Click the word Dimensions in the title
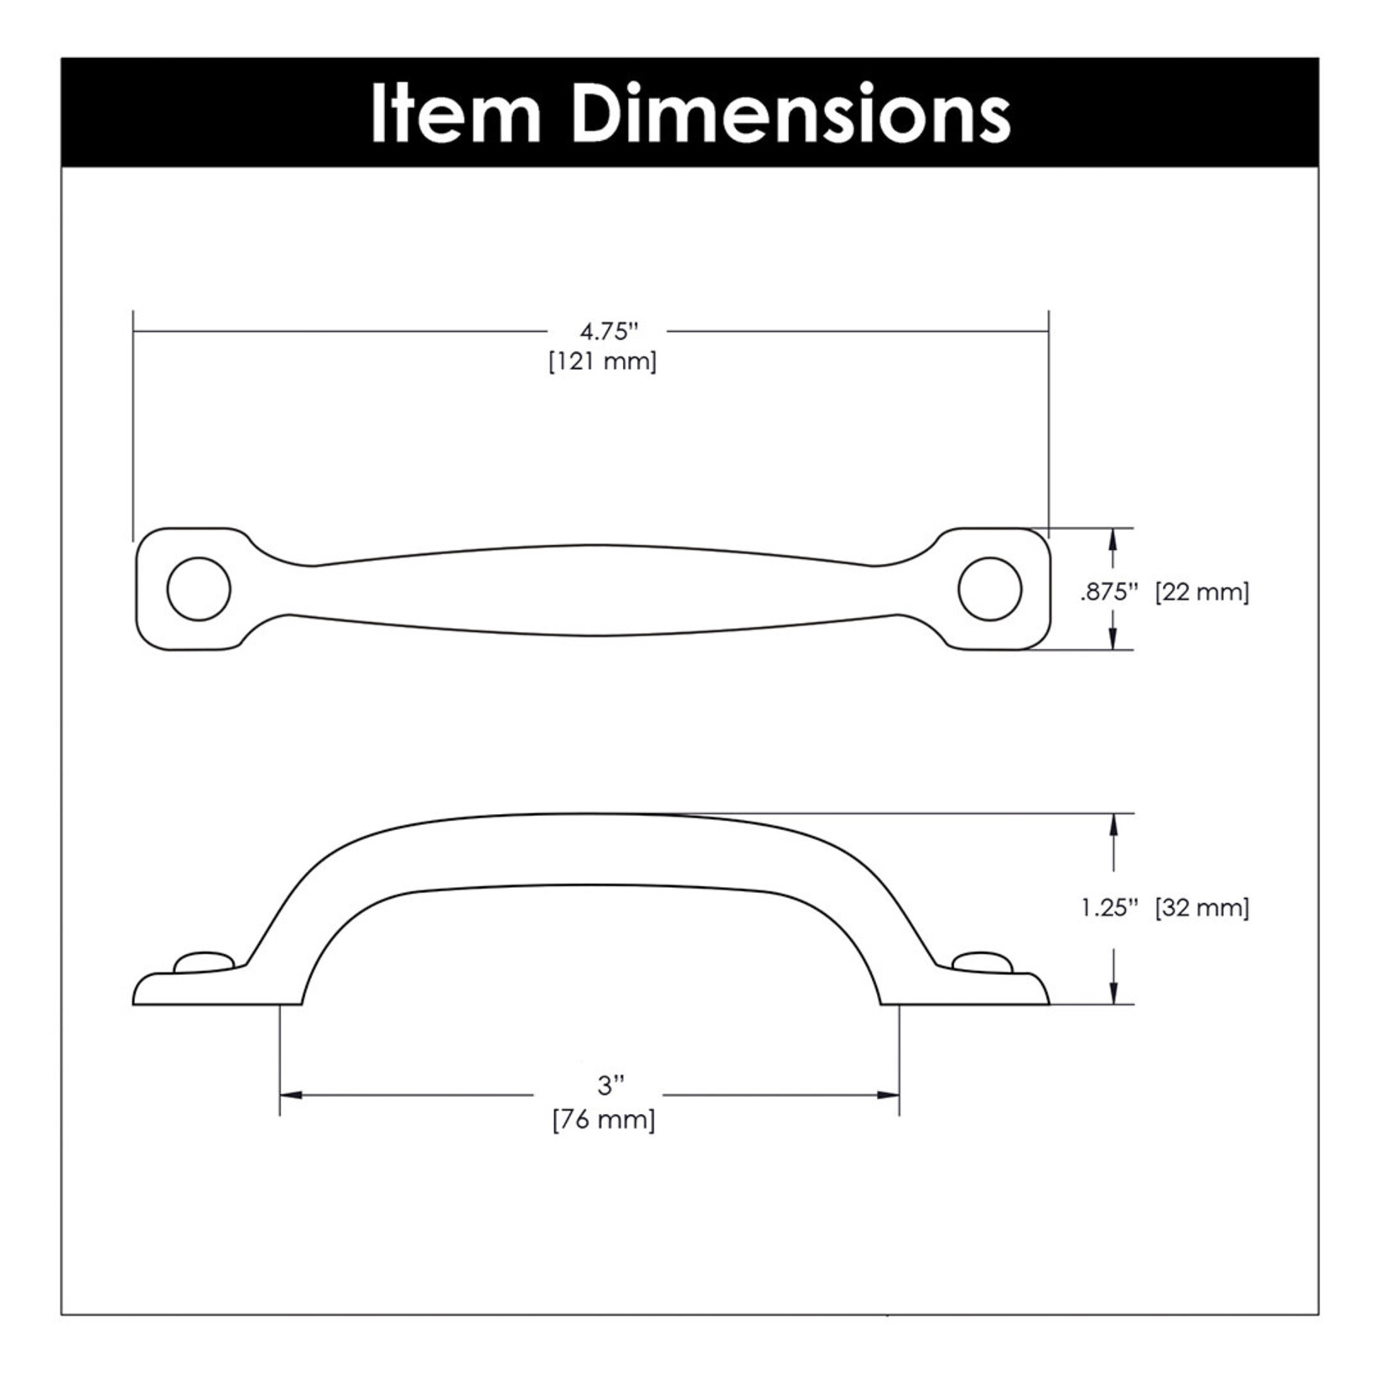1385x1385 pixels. click(x=791, y=114)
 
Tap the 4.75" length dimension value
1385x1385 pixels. click(x=610, y=331)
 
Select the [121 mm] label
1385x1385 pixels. click(x=603, y=361)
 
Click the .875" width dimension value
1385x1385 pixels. click(x=1108, y=592)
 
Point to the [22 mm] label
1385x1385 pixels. click(x=1201, y=592)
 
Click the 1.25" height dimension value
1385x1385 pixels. click(x=1109, y=908)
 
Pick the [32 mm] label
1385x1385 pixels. click(x=1201, y=908)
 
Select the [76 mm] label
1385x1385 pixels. click(x=604, y=1119)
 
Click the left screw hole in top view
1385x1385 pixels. click(x=199, y=589)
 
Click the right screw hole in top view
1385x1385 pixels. click(x=989, y=589)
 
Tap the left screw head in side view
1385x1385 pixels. click(x=202, y=961)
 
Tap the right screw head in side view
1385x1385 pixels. click(x=982, y=961)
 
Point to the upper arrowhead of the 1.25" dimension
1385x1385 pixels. click(x=1113, y=824)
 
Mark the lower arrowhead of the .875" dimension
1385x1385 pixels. click(x=1113, y=640)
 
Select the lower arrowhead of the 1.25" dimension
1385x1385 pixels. click(x=1113, y=993)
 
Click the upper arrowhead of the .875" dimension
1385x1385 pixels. click(x=1113, y=538)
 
